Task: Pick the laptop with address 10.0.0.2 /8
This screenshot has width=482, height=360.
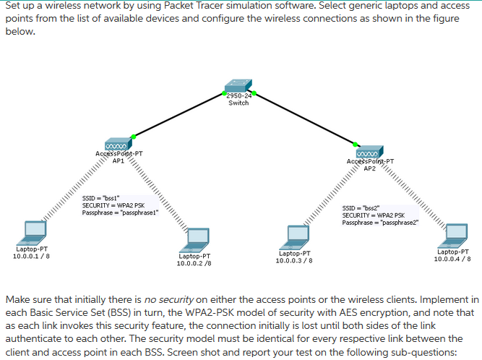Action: point(195,238)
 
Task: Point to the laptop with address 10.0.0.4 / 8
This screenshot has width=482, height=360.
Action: point(454,233)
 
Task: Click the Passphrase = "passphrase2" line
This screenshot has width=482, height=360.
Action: point(379,222)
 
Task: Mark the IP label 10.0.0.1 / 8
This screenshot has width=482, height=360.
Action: point(30,256)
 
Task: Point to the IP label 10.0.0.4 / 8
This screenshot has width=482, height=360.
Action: point(452,258)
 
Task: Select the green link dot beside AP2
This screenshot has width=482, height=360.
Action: point(355,143)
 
